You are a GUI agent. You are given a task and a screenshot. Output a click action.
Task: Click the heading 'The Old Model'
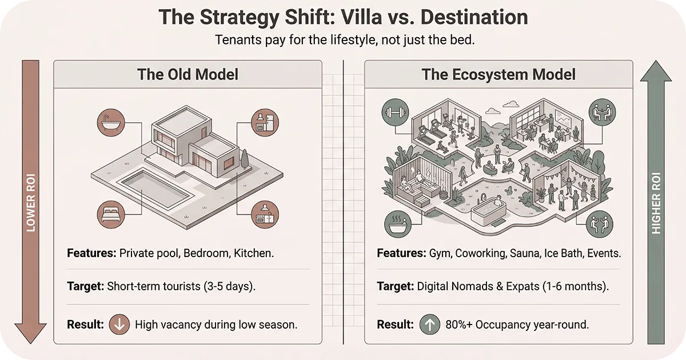(x=188, y=75)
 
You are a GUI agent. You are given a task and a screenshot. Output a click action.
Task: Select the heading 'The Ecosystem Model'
(x=498, y=75)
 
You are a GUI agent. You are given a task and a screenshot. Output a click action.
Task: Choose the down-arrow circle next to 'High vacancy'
(x=119, y=325)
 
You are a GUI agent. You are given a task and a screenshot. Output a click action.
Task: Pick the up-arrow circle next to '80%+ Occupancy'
(x=430, y=325)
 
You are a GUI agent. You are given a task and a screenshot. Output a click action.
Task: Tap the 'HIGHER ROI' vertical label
(x=656, y=203)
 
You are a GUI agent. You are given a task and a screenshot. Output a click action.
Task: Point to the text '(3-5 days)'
(x=229, y=286)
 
